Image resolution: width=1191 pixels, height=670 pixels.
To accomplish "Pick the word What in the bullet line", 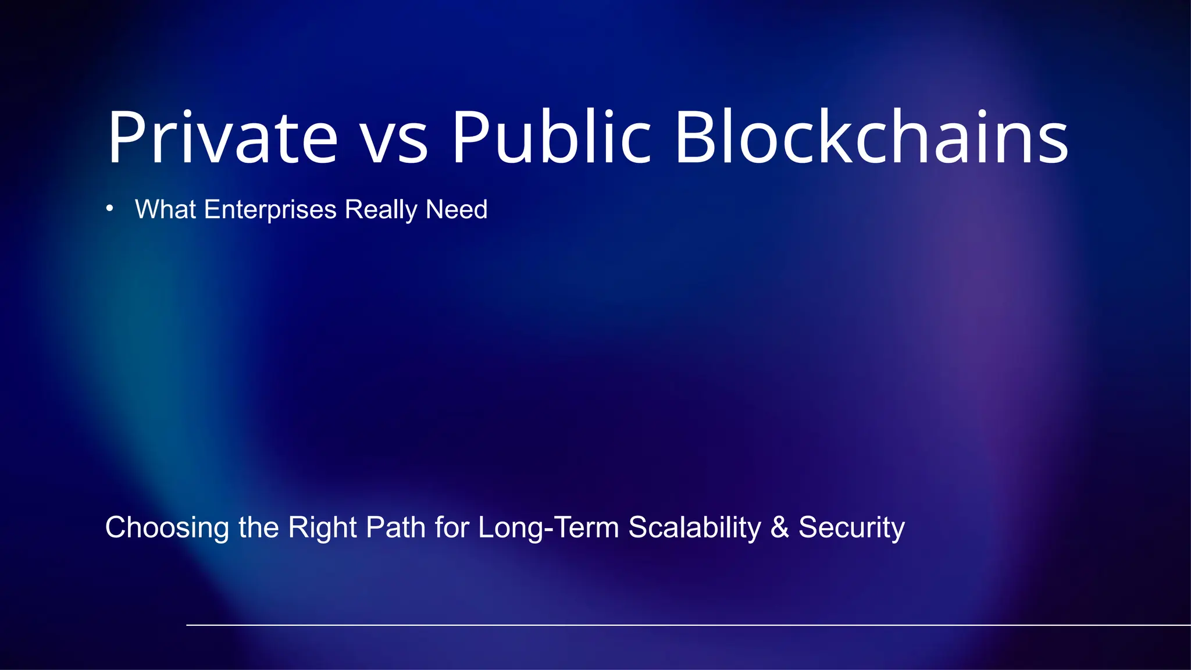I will (x=165, y=209).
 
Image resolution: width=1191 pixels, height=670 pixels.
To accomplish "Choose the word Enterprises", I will (x=270, y=209).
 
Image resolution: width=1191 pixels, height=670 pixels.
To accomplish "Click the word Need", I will (x=457, y=209).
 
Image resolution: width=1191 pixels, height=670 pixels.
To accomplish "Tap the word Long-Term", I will (x=548, y=528).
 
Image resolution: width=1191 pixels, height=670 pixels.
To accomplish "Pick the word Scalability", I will (x=694, y=528).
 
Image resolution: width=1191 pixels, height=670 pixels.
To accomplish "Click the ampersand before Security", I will (x=780, y=528).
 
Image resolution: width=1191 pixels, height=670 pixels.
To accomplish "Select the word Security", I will (x=851, y=528).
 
